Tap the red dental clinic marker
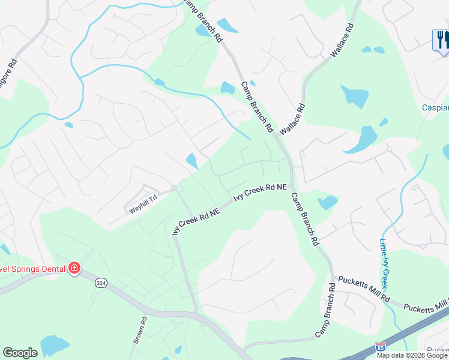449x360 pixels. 74,268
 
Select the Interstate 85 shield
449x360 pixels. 380,347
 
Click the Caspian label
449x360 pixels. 435,108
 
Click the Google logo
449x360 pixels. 20,353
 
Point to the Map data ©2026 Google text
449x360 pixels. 412,355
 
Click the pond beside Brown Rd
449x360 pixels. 55,347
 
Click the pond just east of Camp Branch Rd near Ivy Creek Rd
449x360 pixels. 328,202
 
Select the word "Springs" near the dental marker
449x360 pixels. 24,268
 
